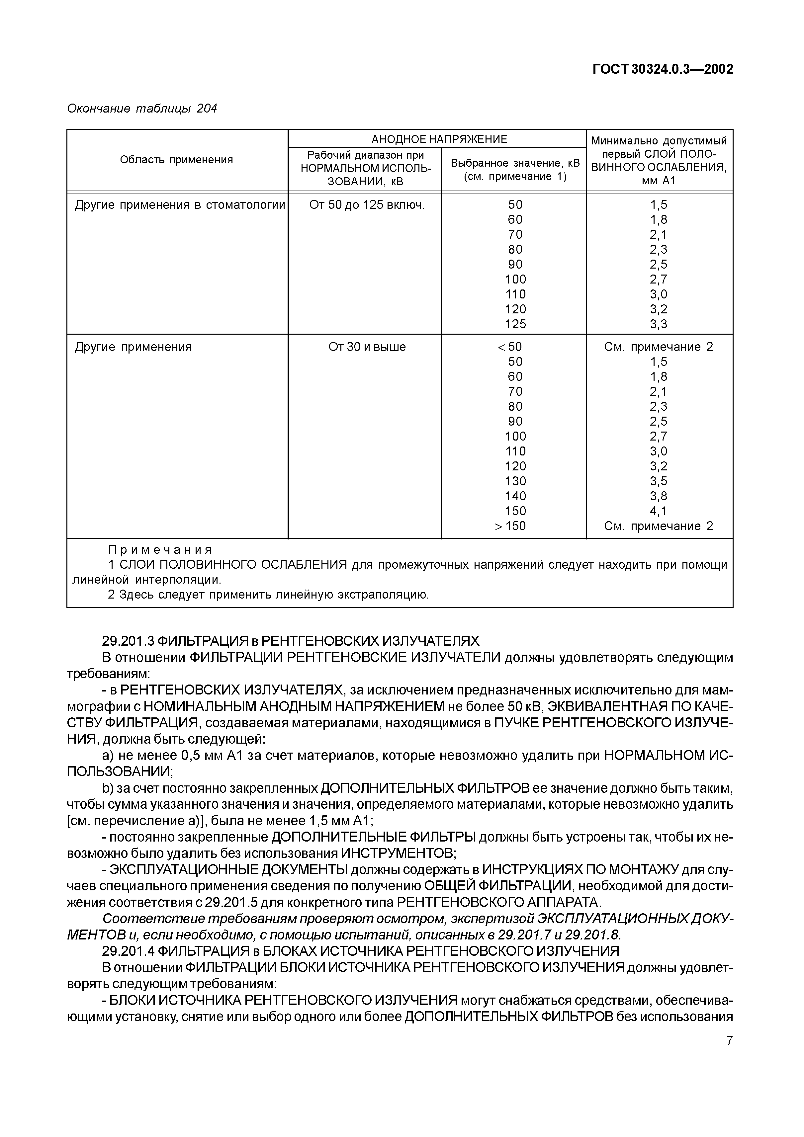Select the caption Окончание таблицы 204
(x=142, y=109)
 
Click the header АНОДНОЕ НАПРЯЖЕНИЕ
(x=439, y=139)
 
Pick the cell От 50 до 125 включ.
(x=367, y=204)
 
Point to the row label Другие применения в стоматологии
(x=180, y=204)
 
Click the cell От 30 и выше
(x=367, y=347)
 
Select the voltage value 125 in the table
(x=515, y=324)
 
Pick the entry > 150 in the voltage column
(x=510, y=526)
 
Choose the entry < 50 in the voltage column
(x=510, y=347)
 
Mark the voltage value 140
(x=515, y=496)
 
